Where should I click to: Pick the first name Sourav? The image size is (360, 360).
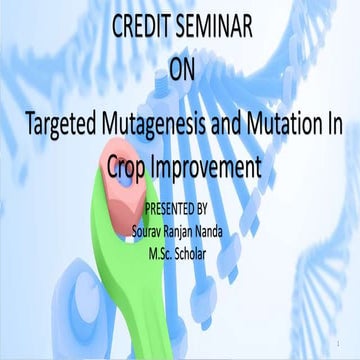click(x=151, y=229)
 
